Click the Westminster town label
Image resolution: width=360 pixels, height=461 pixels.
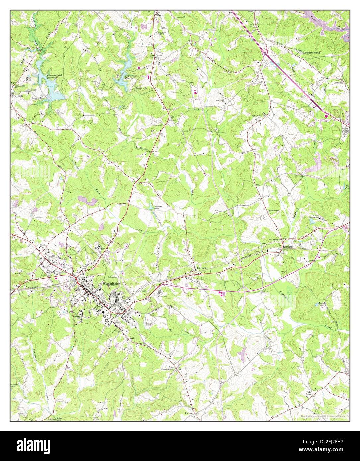[111, 284]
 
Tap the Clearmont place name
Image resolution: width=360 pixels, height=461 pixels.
[201, 268]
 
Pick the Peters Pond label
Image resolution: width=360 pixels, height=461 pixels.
[124, 107]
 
